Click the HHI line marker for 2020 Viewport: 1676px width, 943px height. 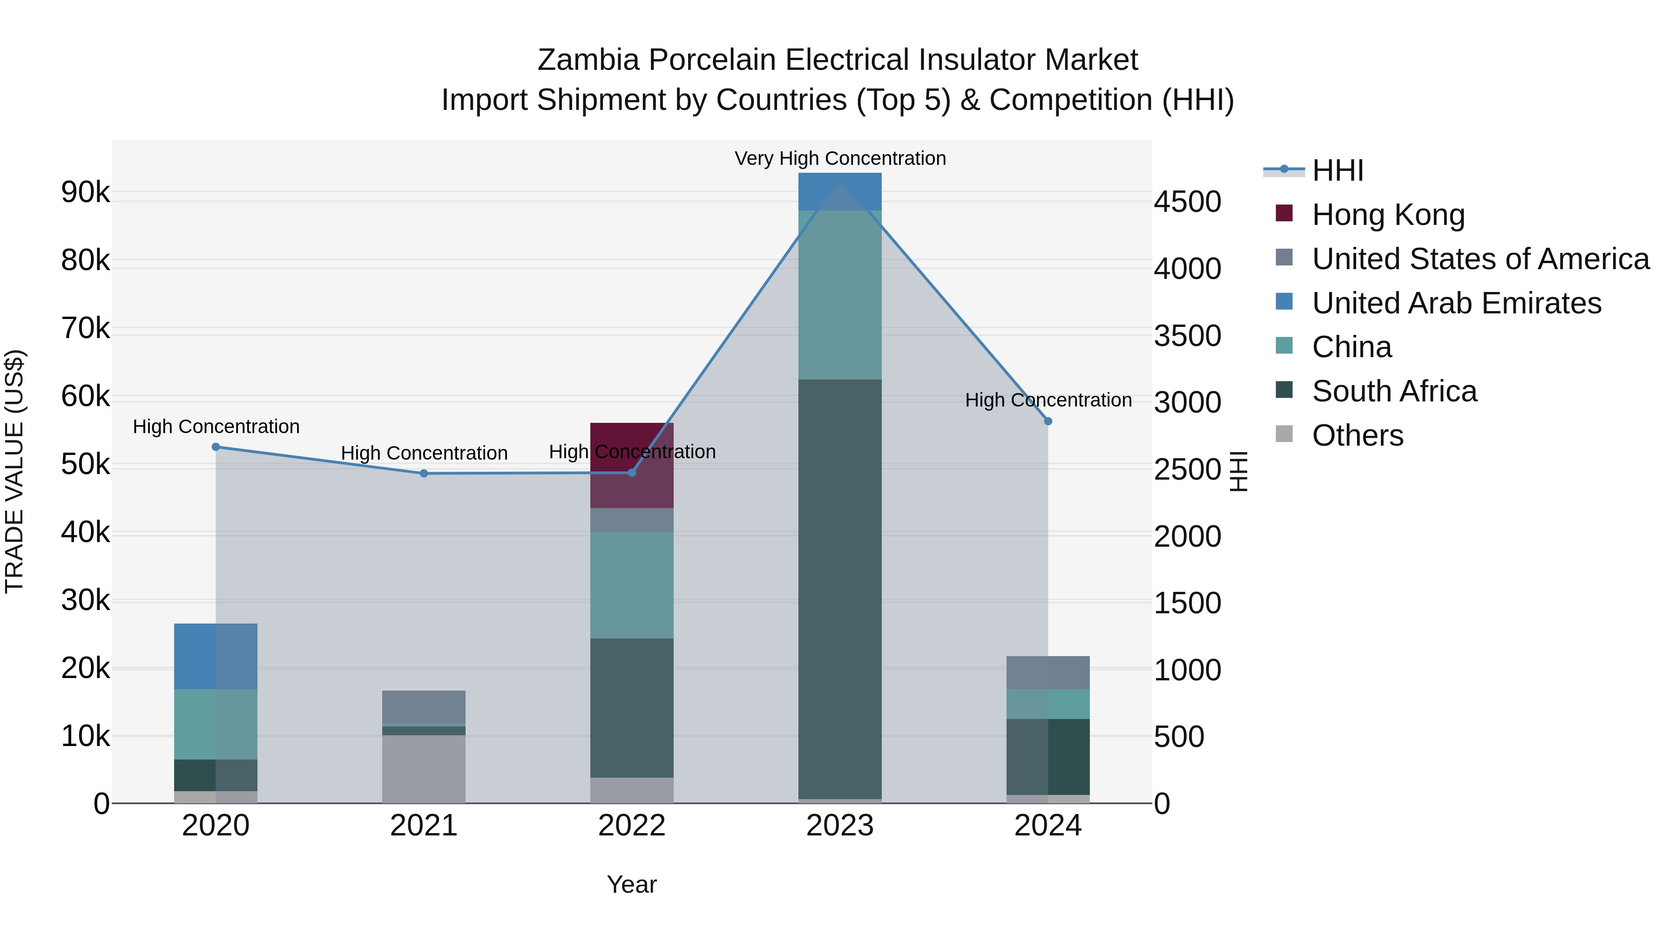[216, 447]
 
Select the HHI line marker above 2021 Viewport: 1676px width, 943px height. [424, 474]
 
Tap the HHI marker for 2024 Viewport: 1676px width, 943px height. [1047, 422]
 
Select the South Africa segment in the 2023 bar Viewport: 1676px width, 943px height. [839, 589]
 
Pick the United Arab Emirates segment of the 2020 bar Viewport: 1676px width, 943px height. [216, 656]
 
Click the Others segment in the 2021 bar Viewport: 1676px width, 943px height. [424, 769]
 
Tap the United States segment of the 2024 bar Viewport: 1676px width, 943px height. [1047, 672]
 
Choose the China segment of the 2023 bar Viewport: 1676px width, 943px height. [839, 294]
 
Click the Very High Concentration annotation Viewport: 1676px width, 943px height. [840, 158]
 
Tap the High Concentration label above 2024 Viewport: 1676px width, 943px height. [1047, 400]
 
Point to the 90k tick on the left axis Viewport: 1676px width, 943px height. [85, 193]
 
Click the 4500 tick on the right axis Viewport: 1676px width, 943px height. [1187, 202]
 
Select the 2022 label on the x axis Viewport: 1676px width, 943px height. [631, 826]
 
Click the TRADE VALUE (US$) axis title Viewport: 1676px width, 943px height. [14, 471]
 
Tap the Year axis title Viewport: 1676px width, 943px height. [631, 884]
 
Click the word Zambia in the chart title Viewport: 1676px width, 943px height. [588, 60]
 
